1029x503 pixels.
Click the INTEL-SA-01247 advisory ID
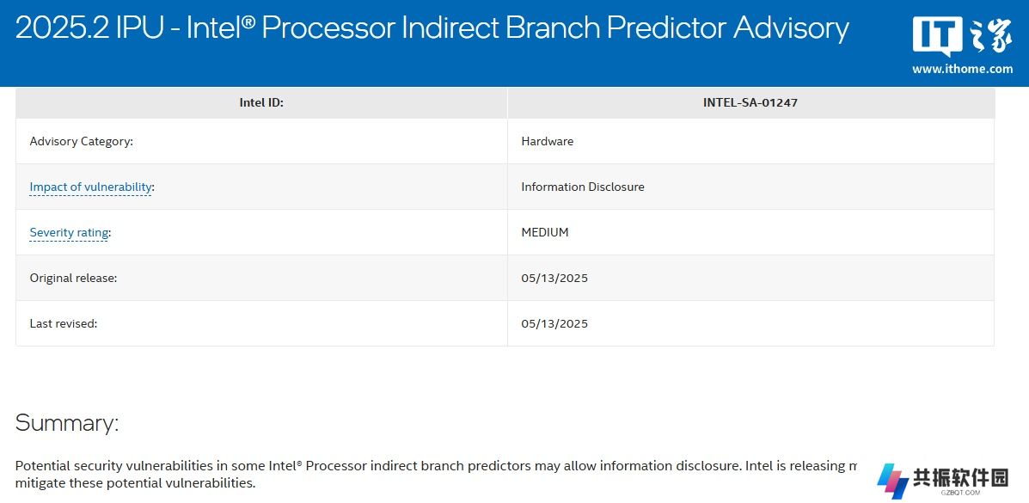pyautogui.click(x=750, y=102)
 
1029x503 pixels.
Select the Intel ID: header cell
pyautogui.click(x=261, y=102)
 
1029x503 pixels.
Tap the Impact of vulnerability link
pyautogui.click(x=90, y=187)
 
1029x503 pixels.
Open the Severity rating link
pyautogui.click(x=69, y=232)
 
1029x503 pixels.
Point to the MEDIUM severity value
pyautogui.click(x=545, y=232)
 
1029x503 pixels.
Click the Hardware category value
pyautogui.click(x=548, y=141)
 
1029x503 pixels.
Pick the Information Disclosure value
pyautogui.click(x=583, y=187)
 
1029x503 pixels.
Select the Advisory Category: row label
pyautogui.click(x=82, y=141)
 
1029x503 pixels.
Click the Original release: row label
pyautogui.click(x=74, y=278)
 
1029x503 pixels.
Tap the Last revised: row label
pyautogui.click(x=64, y=324)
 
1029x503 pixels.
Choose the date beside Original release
pyautogui.click(x=554, y=279)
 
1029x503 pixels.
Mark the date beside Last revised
pyautogui.click(x=554, y=324)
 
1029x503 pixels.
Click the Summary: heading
pyautogui.click(x=67, y=423)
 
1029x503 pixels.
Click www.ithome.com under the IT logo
pyautogui.click(x=962, y=69)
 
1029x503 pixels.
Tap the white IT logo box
pyautogui.click(x=937, y=36)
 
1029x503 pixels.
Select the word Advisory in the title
pyautogui.click(x=791, y=28)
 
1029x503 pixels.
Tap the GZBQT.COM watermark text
pyautogui.click(x=960, y=493)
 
